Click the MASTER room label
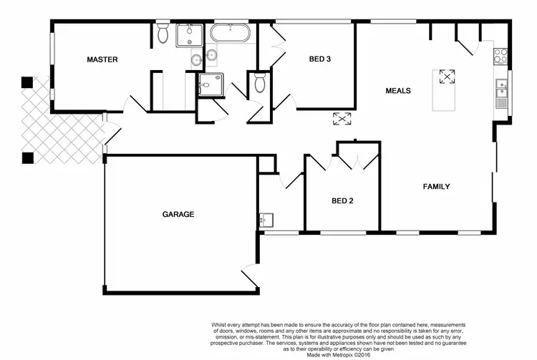[x=102, y=59]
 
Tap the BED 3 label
[x=319, y=59]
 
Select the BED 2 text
[x=342, y=201]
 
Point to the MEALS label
[x=397, y=91]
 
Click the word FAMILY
[x=436, y=187]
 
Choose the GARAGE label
[x=178, y=214]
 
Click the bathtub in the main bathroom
[x=229, y=33]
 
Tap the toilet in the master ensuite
[x=163, y=33]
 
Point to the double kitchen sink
[x=501, y=90]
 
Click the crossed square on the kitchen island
[x=447, y=76]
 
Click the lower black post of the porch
[x=27, y=157]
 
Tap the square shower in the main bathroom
[x=211, y=84]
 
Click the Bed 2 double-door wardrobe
[x=357, y=155]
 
